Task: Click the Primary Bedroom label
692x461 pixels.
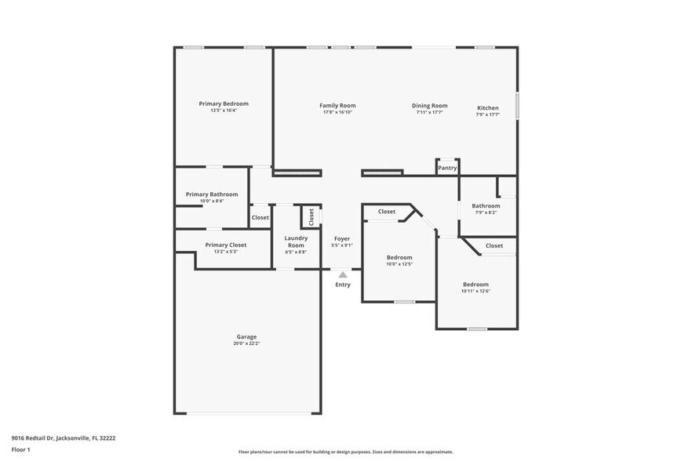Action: pos(224,103)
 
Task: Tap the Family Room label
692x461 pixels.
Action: pos(337,105)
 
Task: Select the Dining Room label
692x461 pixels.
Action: pos(430,106)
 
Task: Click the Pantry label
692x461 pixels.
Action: pos(447,168)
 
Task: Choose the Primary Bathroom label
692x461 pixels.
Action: pos(211,194)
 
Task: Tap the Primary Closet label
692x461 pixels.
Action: pos(225,245)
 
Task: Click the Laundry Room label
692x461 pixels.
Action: pos(296,241)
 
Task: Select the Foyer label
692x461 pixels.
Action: pos(342,238)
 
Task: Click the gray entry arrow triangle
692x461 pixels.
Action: pos(343,274)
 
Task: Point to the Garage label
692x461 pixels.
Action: pos(246,336)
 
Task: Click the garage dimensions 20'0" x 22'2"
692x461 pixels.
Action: pos(246,343)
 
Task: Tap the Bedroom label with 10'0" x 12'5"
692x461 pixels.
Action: pos(399,257)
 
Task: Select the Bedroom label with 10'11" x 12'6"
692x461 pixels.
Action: pos(475,284)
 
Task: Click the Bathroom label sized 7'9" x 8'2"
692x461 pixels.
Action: pos(486,205)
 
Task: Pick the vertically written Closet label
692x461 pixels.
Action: pos(311,215)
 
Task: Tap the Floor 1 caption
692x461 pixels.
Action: pos(20,449)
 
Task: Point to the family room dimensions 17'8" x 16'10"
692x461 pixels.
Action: pos(337,112)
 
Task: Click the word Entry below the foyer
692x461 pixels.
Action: pos(343,285)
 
